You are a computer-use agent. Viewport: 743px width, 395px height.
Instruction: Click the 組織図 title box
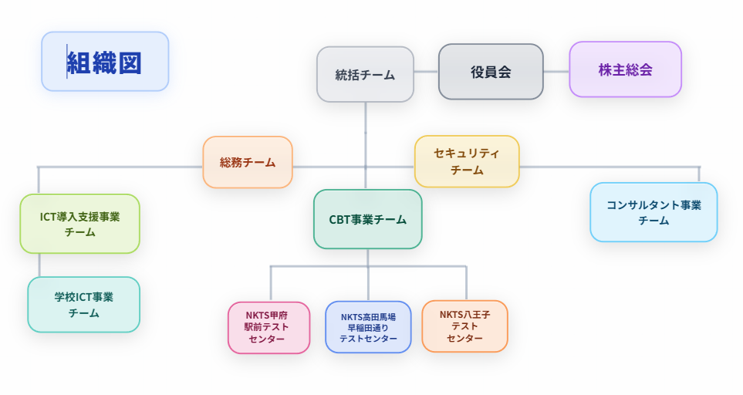point(105,62)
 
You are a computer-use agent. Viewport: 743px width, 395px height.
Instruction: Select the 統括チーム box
point(365,75)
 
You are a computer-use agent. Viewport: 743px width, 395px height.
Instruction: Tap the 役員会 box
point(491,72)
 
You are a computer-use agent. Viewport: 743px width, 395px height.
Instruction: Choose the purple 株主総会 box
point(625,69)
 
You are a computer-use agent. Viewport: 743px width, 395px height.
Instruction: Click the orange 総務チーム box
point(247,162)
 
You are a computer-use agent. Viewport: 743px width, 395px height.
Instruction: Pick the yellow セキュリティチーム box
point(467,161)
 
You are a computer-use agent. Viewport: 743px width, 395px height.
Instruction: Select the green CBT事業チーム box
point(368,219)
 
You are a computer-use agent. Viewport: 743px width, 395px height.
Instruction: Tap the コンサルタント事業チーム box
point(654,212)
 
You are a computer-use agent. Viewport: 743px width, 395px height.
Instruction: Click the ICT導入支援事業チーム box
point(79,224)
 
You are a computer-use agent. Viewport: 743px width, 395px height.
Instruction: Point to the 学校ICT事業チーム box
point(83,305)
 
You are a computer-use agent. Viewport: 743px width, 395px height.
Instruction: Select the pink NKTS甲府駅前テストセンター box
point(268,327)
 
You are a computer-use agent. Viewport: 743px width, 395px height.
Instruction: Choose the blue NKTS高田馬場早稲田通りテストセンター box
point(368,327)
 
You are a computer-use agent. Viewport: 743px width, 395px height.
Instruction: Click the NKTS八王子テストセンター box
point(464,326)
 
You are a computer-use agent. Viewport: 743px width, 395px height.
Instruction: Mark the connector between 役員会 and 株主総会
point(556,71)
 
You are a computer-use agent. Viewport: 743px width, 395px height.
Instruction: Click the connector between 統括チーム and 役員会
point(426,72)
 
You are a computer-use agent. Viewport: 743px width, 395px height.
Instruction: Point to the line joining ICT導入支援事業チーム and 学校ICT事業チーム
point(39,265)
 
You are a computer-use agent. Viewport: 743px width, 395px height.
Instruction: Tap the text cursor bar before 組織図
point(67,61)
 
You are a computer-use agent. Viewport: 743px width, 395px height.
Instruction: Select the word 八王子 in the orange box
point(476,315)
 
